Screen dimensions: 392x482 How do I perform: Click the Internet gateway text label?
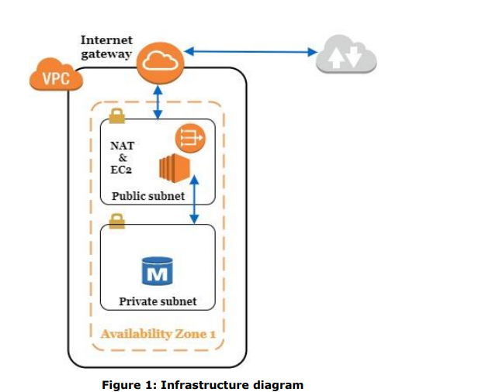(x=106, y=46)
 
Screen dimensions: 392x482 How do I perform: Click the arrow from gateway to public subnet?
(x=158, y=100)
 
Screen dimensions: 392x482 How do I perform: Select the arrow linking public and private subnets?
(x=193, y=198)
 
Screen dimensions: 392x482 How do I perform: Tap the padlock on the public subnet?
(x=116, y=115)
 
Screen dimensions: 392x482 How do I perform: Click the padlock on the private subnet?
(x=116, y=222)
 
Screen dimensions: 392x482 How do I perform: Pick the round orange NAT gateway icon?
(x=190, y=138)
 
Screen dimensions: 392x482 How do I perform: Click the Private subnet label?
(x=158, y=301)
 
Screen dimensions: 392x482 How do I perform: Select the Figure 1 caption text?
(x=203, y=384)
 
